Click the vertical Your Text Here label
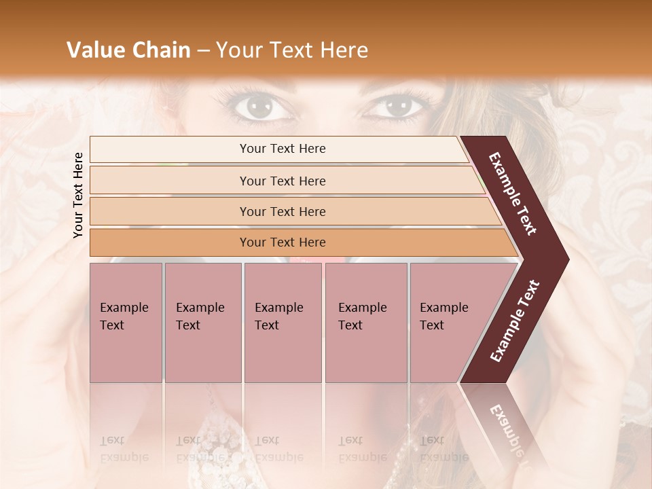coord(78,195)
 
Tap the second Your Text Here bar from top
coord(283,181)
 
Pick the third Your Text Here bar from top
coord(283,211)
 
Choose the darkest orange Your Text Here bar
coord(283,242)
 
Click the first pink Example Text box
coord(126,322)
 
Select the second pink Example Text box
coord(202,322)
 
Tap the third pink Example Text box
coord(283,322)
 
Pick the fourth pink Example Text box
coord(365,322)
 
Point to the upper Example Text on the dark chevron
coord(513,194)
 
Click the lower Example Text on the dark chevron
coord(515,321)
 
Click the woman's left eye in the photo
coord(257,106)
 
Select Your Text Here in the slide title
coord(292,50)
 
